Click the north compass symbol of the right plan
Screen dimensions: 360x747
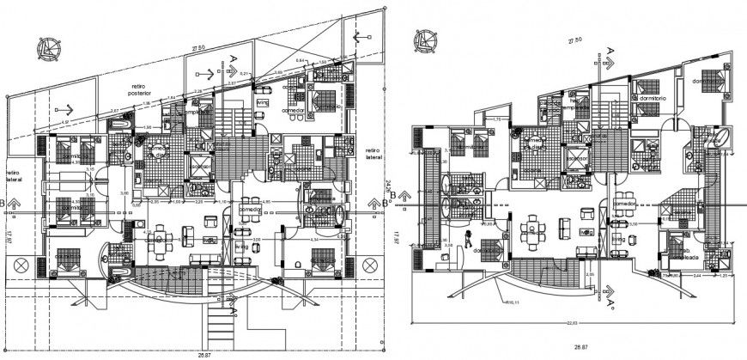422,39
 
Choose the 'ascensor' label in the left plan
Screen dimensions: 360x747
200,167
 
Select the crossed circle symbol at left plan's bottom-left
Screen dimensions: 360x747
22,262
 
